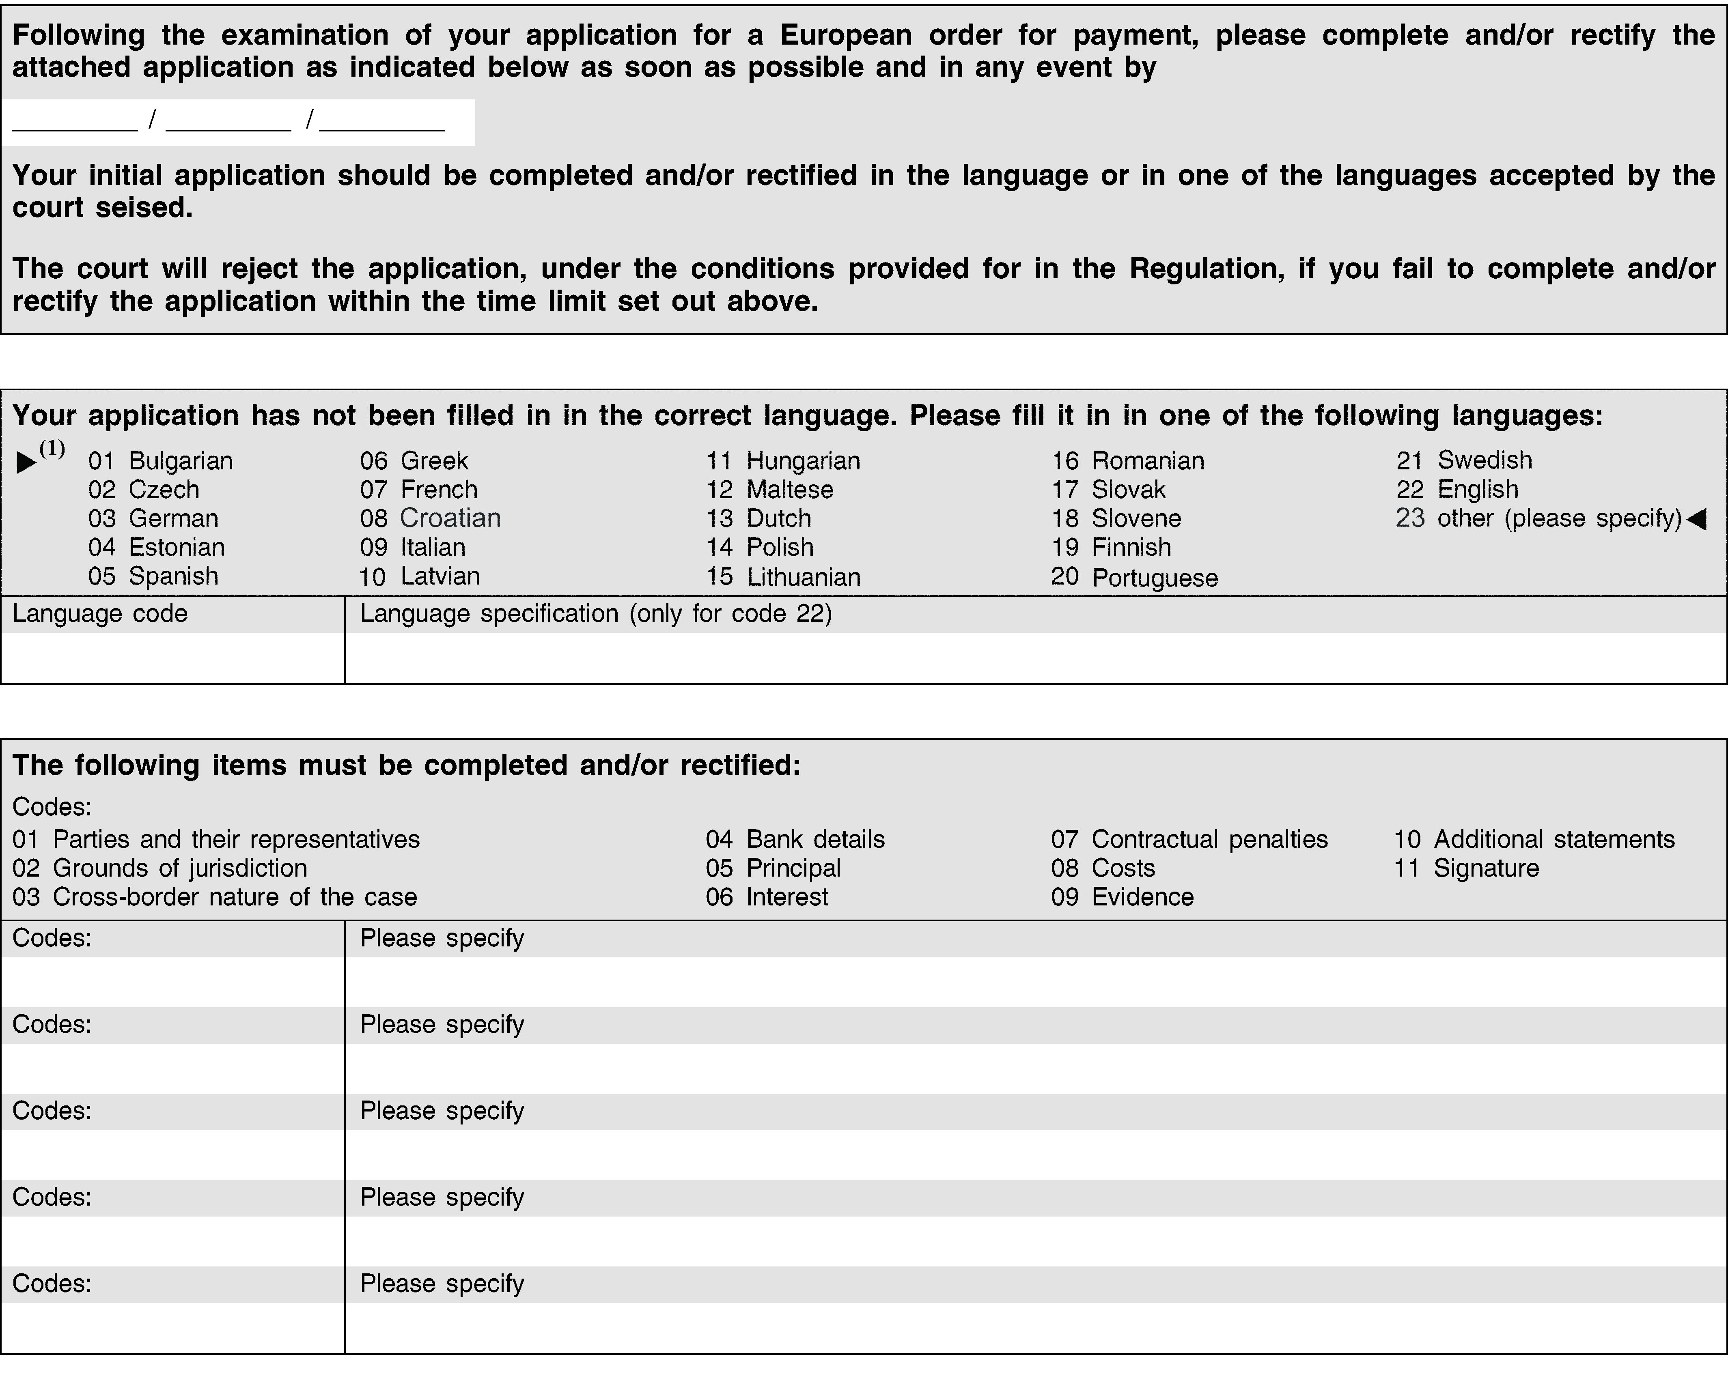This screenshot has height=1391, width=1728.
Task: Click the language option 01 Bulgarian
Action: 160,461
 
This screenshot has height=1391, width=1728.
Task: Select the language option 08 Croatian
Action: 431,518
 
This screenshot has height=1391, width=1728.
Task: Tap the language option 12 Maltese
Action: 769,490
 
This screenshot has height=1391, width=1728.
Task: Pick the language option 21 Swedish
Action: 1464,460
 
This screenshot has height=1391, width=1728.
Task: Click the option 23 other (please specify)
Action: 1539,518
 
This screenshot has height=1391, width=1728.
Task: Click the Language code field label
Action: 100,614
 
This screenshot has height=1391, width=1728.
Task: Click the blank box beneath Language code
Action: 172,658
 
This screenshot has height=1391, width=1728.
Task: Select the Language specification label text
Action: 595,614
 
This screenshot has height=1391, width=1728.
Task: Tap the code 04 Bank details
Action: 795,839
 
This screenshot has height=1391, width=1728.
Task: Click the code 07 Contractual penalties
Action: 1189,839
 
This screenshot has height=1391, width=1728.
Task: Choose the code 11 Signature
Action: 1467,868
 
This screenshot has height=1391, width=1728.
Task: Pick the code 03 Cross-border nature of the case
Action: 215,897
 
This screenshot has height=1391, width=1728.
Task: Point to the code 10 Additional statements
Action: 1534,839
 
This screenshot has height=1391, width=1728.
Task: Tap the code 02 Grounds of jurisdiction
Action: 160,868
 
